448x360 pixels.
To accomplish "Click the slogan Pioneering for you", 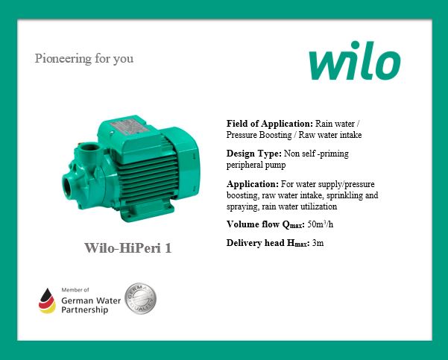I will tap(84, 58).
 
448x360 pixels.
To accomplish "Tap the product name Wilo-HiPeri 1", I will tap(127, 247).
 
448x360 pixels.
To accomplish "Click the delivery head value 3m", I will tap(318, 244).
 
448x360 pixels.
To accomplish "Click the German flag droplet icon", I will tap(48, 300).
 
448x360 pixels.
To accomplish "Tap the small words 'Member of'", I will tap(75, 289).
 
